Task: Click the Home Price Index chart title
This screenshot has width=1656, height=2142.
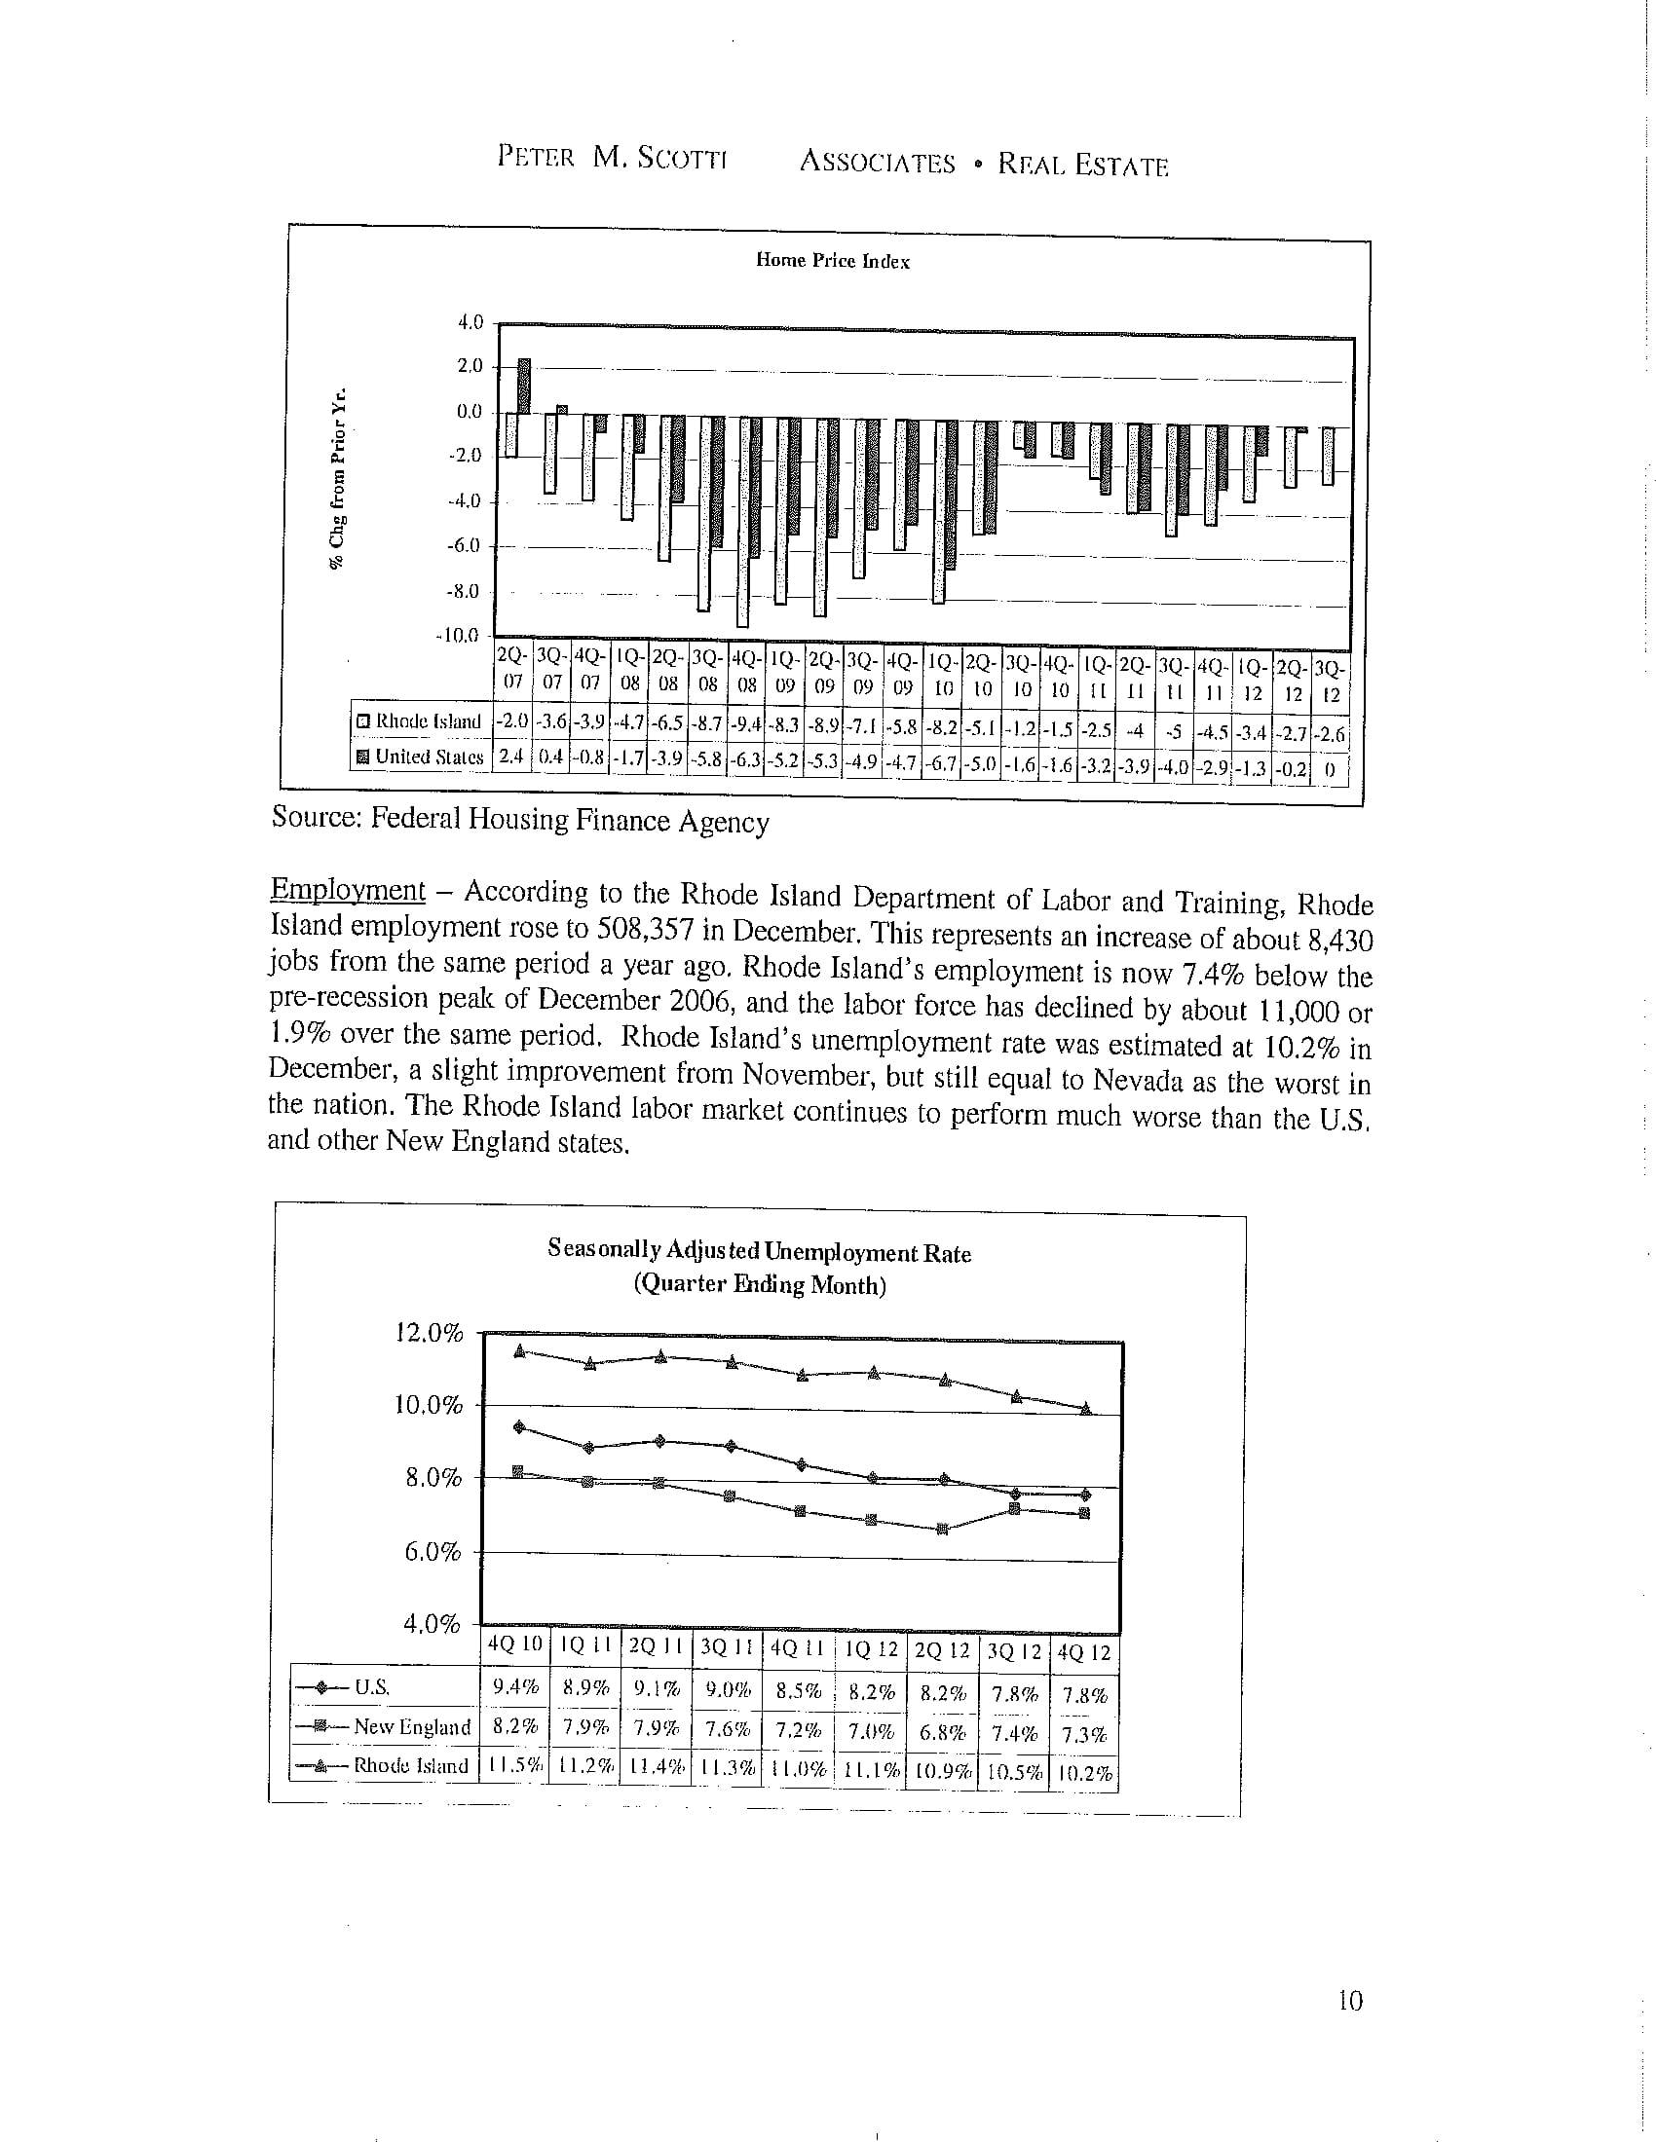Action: (832, 261)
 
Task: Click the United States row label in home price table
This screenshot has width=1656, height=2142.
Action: (421, 757)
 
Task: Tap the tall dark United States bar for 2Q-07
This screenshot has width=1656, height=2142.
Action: (524, 387)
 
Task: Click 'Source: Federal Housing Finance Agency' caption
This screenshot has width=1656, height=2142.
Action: (520, 820)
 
